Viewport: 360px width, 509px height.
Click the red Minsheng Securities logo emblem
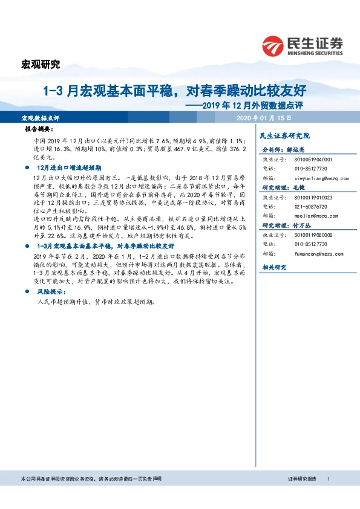click(273, 45)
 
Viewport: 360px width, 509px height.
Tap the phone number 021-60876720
click(310, 206)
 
